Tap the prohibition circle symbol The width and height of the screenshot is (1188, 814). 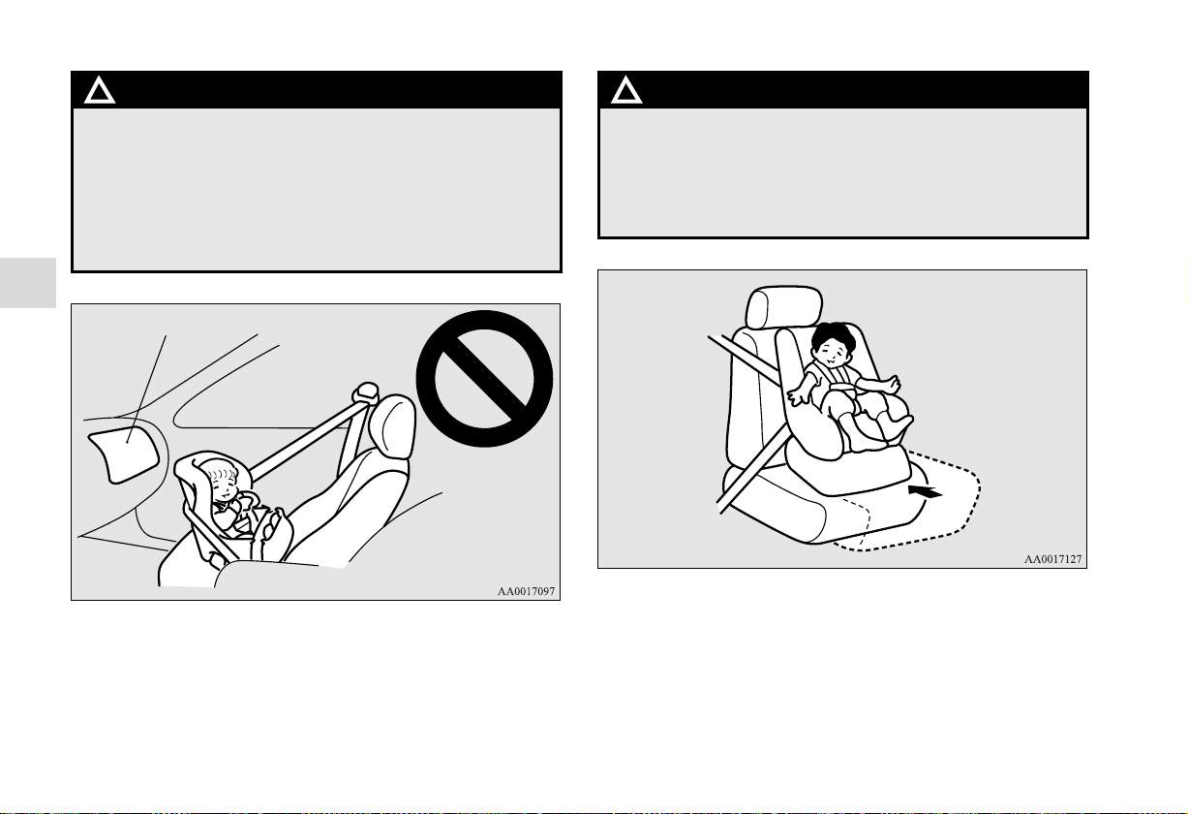[x=484, y=379]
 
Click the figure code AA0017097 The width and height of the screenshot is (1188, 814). [x=526, y=591]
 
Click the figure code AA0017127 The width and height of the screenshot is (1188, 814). [x=1052, y=559]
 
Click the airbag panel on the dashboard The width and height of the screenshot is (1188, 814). [x=124, y=454]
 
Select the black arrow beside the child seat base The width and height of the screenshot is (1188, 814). [x=926, y=491]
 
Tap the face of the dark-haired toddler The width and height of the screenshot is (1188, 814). [x=831, y=352]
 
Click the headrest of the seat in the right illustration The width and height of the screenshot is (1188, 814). [x=784, y=307]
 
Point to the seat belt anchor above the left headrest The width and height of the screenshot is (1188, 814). [x=365, y=391]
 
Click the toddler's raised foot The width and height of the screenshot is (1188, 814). [x=899, y=426]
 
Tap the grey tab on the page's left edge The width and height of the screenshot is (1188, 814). [x=28, y=283]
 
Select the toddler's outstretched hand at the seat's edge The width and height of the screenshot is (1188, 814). [x=799, y=397]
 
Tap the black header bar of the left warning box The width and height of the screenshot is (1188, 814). [x=317, y=90]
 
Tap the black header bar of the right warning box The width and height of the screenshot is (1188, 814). [x=843, y=90]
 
